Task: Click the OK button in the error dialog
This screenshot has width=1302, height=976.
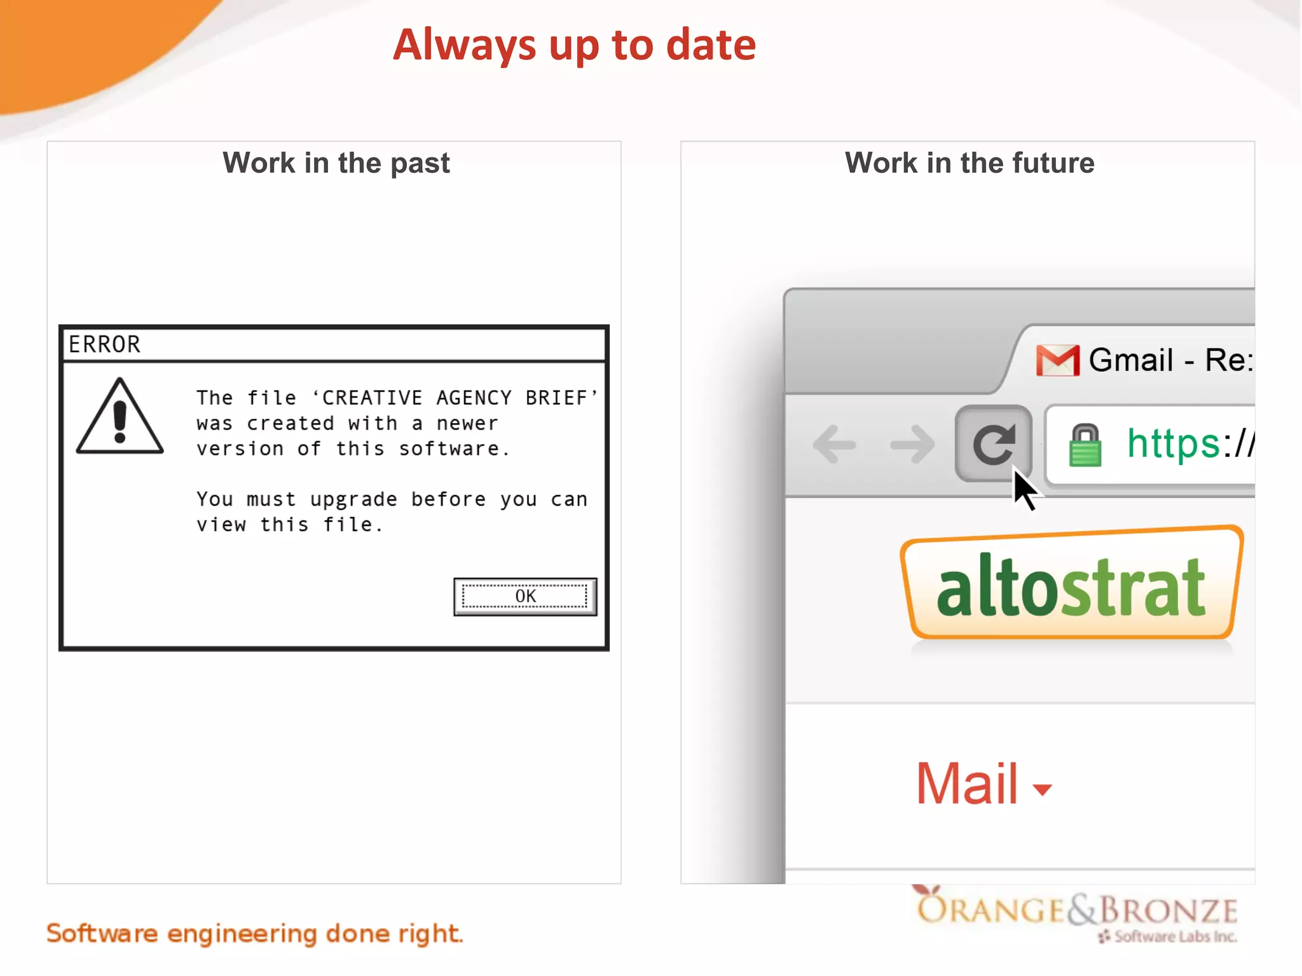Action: [525, 596]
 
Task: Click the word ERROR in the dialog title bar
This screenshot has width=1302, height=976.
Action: [104, 344]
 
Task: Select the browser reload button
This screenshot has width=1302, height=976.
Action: [992, 443]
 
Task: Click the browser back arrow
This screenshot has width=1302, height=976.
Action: [835, 444]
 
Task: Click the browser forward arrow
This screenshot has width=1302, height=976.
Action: [912, 444]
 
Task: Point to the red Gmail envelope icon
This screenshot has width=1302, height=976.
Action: [1057, 360]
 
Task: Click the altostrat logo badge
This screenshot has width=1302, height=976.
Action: [1071, 583]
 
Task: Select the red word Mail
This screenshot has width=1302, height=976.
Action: [967, 784]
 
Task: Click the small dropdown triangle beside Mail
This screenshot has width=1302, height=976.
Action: [1042, 789]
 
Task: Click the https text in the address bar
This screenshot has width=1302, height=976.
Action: [1173, 443]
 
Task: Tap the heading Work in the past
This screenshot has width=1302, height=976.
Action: [336, 163]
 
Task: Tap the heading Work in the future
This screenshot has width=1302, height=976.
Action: [970, 163]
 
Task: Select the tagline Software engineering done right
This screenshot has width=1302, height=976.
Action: [255, 933]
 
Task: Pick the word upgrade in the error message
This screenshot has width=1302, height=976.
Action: [353, 499]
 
